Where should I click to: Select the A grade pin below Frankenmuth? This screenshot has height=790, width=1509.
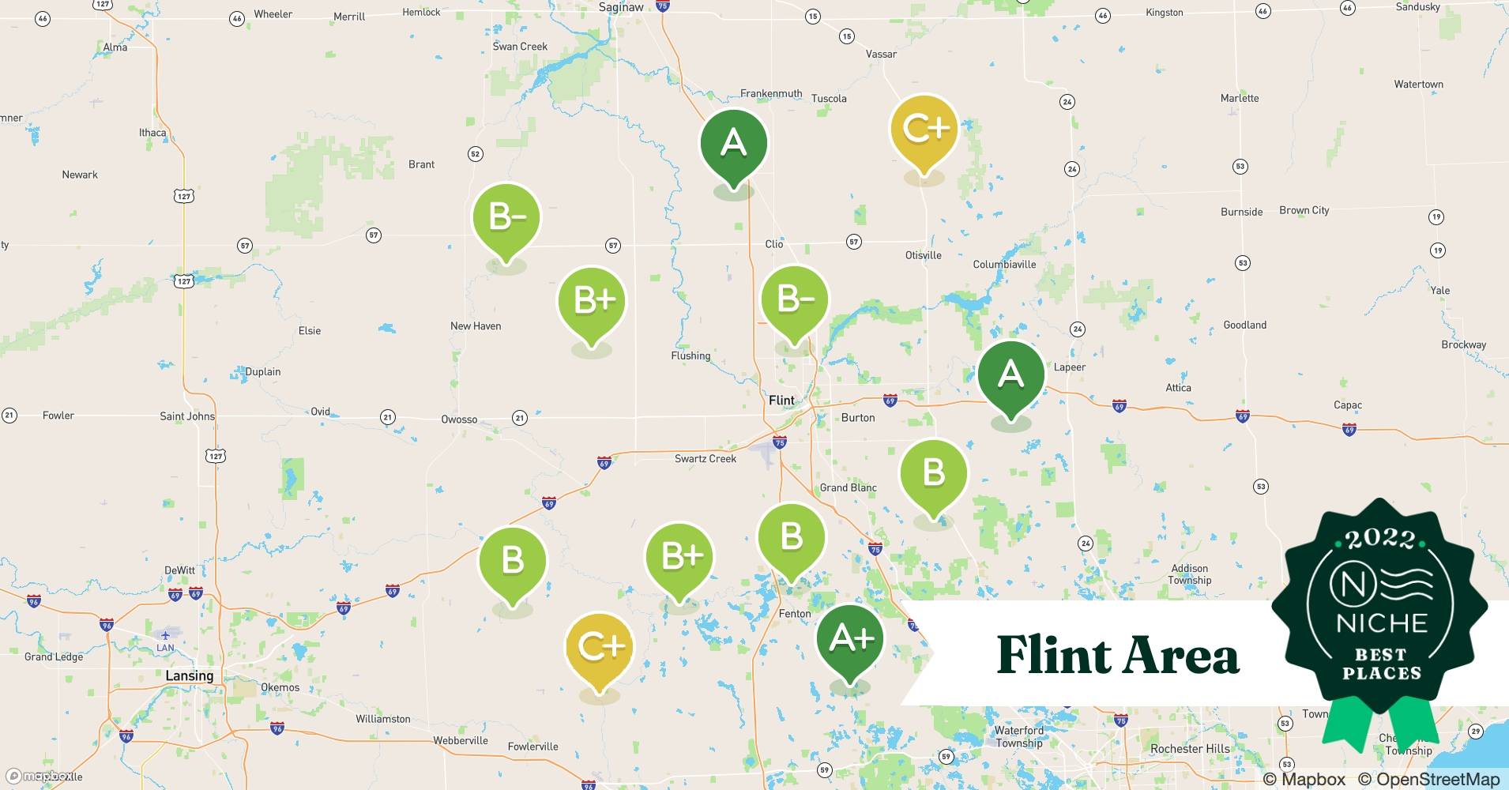[x=733, y=145]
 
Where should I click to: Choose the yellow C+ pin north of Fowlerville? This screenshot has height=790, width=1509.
[x=600, y=649]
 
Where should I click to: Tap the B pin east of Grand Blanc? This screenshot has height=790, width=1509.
[x=933, y=474]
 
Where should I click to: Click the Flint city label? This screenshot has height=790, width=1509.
[x=781, y=401]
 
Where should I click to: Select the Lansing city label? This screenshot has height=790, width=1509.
[x=189, y=676]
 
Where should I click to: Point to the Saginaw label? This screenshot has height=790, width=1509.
[x=621, y=7]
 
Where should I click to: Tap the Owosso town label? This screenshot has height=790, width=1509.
[x=459, y=419]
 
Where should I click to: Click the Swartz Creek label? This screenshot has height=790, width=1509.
[x=705, y=459]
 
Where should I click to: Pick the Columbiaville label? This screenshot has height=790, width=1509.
[x=1004, y=265]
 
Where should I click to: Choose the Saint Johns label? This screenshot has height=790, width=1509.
[x=187, y=416]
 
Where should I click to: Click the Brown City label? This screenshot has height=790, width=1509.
[x=1304, y=210]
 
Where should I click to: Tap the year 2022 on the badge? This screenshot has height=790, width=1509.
[x=1380, y=539]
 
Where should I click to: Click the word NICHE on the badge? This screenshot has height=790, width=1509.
[x=1382, y=623]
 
